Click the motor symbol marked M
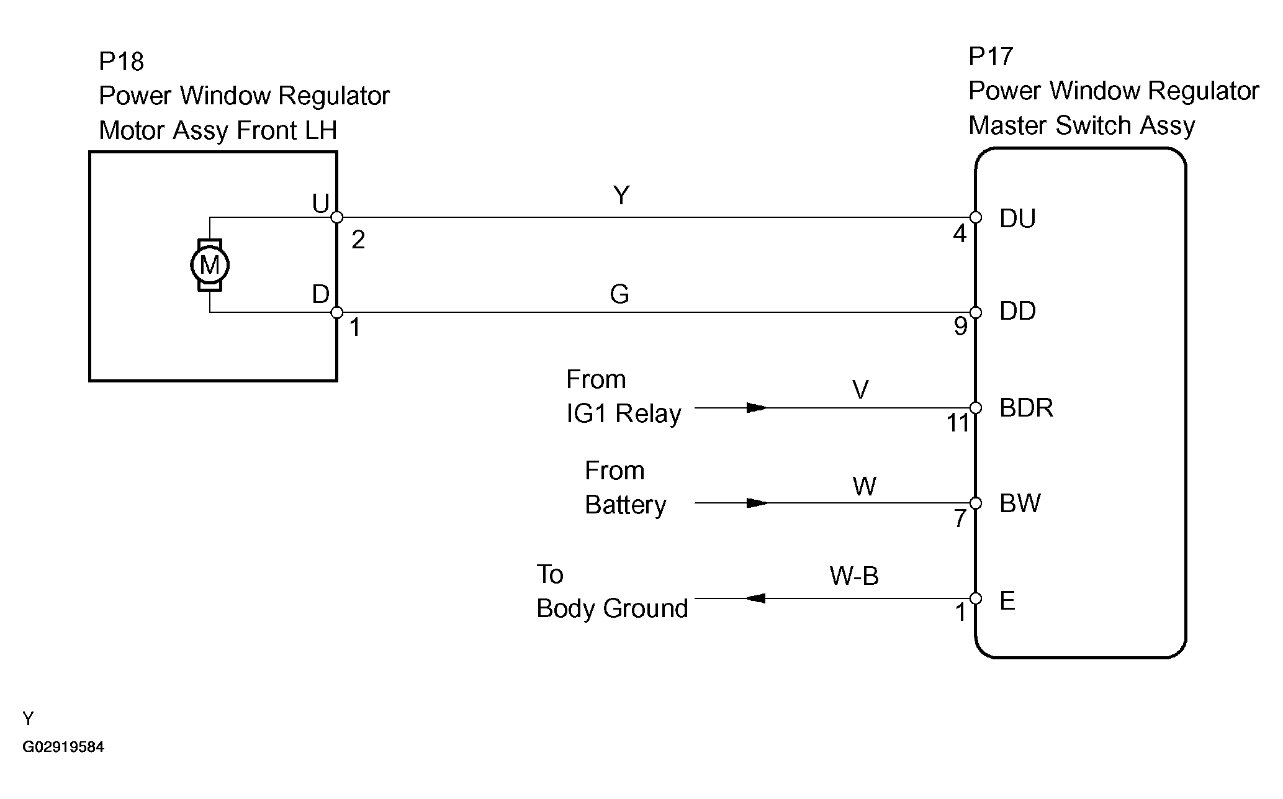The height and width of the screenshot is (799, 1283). point(210,265)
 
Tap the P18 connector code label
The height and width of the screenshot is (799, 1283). point(122,62)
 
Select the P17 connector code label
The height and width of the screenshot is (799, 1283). point(991,57)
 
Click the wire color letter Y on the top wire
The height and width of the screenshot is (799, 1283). point(621,196)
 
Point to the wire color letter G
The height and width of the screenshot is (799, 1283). point(619,294)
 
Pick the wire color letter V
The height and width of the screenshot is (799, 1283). point(860,390)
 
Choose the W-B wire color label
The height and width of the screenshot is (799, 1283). point(854,577)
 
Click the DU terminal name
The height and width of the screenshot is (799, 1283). point(1017,219)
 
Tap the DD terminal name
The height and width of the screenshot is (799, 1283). point(1017,311)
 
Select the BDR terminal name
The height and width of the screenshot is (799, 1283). point(1026,408)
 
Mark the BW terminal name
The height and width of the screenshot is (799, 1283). point(1020,503)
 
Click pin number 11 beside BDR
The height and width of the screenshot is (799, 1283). point(958,423)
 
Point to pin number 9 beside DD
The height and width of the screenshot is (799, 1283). point(960,327)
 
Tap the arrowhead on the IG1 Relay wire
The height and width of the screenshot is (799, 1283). point(756,408)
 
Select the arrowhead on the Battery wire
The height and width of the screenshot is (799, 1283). point(756,503)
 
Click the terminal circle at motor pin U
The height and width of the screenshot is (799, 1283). point(337,217)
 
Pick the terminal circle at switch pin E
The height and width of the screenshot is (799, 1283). point(976,598)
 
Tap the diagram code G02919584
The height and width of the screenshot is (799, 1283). point(63,747)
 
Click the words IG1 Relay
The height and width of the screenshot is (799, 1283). point(624,413)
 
